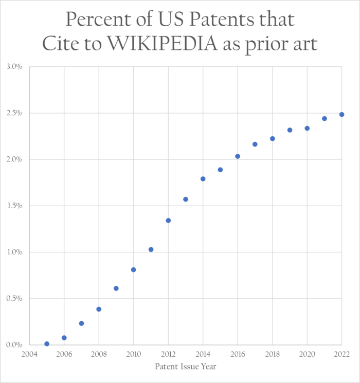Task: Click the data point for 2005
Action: (x=47, y=344)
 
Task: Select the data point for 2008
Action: (x=99, y=309)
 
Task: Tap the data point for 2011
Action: (x=151, y=249)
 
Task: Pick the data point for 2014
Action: (x=203, y=179)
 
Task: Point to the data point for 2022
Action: (x=341, y=114)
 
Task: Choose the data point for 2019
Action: (x=290, y=130)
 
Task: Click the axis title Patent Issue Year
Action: (x=185, y=367)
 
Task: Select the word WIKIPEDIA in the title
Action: (x=167, y=43)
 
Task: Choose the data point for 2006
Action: (x=64, y=338)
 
